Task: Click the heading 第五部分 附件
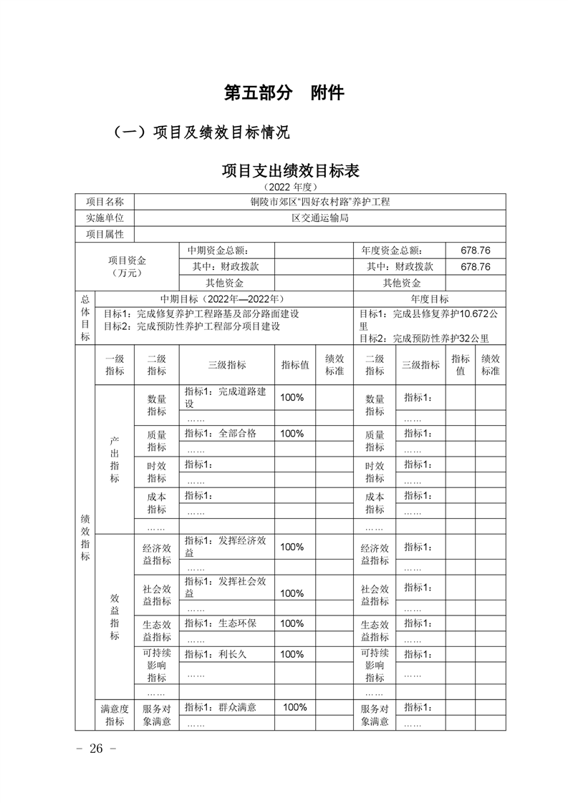(284, 93)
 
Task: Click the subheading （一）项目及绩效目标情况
(201, 132)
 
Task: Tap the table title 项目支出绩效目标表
(290, 171)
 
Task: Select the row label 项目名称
(105, 202)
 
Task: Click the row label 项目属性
(105, 235)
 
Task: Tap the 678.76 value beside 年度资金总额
(476, 250)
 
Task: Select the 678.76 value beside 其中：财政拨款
(476, 266)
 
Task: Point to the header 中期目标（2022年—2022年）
(223, 298)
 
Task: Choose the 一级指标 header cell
(115, 365)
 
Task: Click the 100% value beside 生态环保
(292, 623)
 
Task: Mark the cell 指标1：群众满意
(221, 707)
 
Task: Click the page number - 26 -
(95, 749)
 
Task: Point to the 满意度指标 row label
(115, 714)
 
